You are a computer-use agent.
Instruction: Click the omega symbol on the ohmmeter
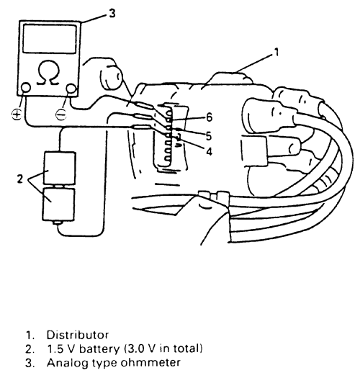pyautogui.click(x=48, y=73)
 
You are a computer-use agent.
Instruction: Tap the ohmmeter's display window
pyautogui.click(x=50, y=39)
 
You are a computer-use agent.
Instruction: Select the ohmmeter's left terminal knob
pyautogui.click(x=25, y=88)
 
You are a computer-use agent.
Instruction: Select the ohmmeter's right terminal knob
pyautogui.click(x=71, y=89)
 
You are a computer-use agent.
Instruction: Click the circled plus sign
pyautogui.click(x=17, y=114)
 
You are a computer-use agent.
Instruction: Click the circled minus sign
pyautogui.click(x=61, y=114)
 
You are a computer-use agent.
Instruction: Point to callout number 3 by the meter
pyautogui.click(x=112, y=13)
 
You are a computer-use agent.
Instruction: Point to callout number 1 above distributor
pyautogui.click(x=276, y=52)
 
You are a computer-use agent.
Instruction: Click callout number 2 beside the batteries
pyautogui.click(x=20, y=179)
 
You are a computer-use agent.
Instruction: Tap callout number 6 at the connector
pyautogui.click(x=210, y=117)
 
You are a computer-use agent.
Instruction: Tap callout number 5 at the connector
pyautogui.click(x=209, y=136)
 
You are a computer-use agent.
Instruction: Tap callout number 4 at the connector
pyautogui.click(x=210, y=151)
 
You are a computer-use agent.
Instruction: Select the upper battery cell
pyautogui.click(x=60, y=168)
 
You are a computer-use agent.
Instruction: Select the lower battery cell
pyautogui.click(x=58, y=205)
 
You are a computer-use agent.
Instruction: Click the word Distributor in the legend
pyautogui.click(x=78, y=335)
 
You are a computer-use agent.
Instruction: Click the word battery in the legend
pyautogui.click(x=99, y=349)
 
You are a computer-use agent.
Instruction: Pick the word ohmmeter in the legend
pyautogui.click(x=150, y=363)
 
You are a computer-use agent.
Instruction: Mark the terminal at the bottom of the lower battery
pyautogui.click(x=58, y=223)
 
